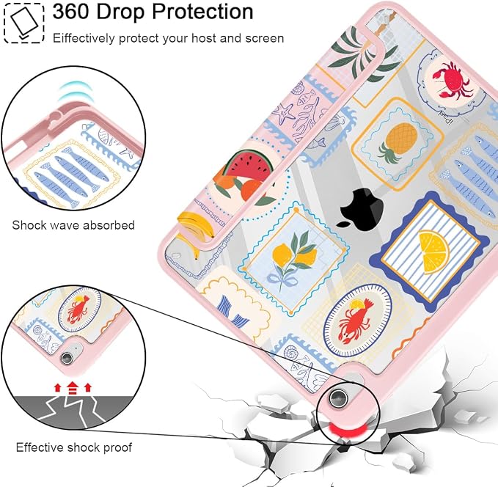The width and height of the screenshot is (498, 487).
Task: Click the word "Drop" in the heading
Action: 121,12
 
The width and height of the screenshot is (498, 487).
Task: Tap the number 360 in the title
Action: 71,12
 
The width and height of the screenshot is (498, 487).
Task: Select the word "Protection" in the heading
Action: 202,12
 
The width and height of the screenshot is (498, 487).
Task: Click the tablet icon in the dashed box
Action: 23,23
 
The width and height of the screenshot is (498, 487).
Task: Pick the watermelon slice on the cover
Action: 249,164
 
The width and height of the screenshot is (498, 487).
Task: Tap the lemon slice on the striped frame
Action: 433,252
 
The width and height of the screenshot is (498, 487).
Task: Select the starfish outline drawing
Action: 284,114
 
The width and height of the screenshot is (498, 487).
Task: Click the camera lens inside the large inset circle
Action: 67,358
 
